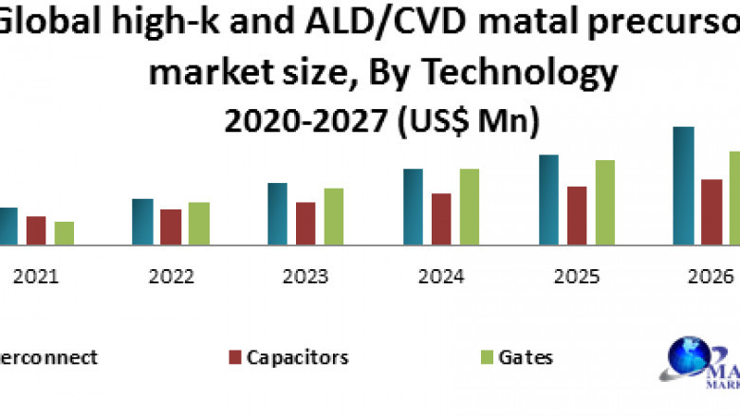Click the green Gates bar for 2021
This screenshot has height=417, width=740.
tap(64, 233)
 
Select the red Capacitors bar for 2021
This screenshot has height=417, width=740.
tap(36, 230)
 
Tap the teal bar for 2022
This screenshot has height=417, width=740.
tap(143, 222)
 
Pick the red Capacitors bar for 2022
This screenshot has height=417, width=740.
tap(171, 227)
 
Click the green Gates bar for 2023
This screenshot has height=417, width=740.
tap(334, 216)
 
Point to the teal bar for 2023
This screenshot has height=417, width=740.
tap(278, 213)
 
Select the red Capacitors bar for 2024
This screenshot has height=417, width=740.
tap(441, 219)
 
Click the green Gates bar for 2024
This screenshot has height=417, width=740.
tap(470, 207)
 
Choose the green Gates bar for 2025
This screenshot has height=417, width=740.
tap(604, 202)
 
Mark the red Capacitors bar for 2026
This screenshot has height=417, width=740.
tap(712, 211)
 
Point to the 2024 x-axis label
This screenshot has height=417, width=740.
tap(441, 277)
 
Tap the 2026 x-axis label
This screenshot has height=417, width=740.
tap(712, 277)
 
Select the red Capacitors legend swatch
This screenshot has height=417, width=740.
tap(234, 358)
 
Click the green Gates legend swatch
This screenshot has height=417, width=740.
tap(486, 358)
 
